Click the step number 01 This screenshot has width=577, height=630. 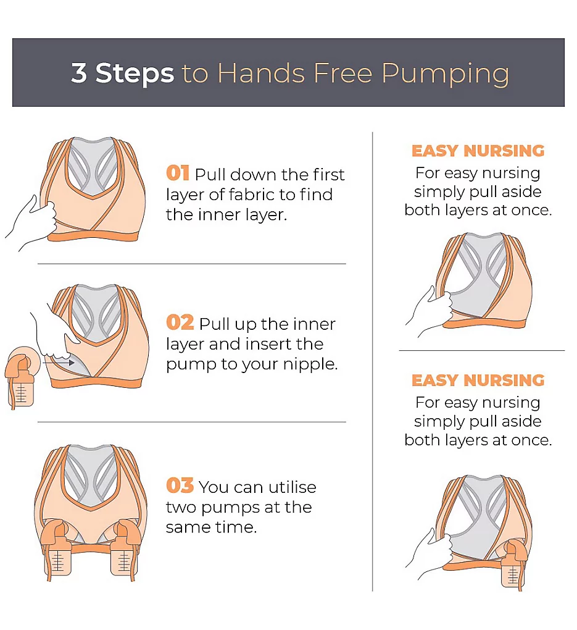click(178, 173)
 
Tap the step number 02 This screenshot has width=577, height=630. click(180, 322)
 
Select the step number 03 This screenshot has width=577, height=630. click(180, 485)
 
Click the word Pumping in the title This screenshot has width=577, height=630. click(446, 75)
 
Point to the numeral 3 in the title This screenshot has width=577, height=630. click(79, 73)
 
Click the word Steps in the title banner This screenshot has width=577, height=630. click(135, 74)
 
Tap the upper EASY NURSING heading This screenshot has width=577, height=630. click(478, 151)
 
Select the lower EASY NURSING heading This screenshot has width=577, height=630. click(478, 380)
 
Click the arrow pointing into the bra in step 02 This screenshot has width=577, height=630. click(59, 363)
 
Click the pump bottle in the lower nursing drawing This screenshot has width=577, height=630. click(514, 565)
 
